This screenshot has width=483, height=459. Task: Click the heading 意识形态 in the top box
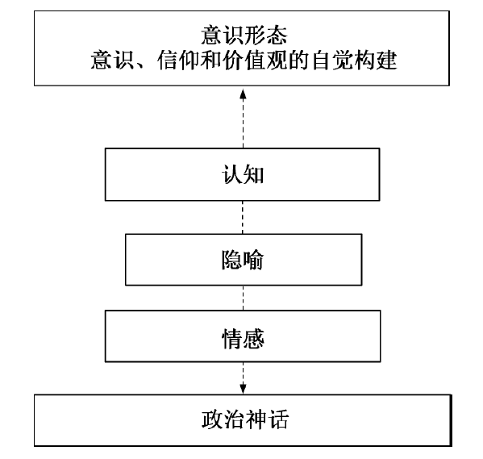244,35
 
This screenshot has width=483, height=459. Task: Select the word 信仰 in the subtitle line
179,60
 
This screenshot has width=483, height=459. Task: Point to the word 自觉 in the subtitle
332,60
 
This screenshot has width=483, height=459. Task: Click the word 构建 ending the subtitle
376,60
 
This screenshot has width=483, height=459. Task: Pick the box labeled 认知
243,174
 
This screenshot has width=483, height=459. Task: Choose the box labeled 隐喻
244,260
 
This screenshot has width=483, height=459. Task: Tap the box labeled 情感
243,336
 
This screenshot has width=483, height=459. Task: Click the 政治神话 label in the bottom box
245,419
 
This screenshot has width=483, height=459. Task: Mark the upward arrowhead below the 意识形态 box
243,94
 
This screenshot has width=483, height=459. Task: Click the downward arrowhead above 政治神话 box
243,389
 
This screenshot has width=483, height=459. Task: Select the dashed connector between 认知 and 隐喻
243,217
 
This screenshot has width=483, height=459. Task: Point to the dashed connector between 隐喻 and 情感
243,298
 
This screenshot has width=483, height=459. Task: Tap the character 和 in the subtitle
211,60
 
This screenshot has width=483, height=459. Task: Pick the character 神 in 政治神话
256,419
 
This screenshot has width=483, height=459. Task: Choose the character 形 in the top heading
255,35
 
